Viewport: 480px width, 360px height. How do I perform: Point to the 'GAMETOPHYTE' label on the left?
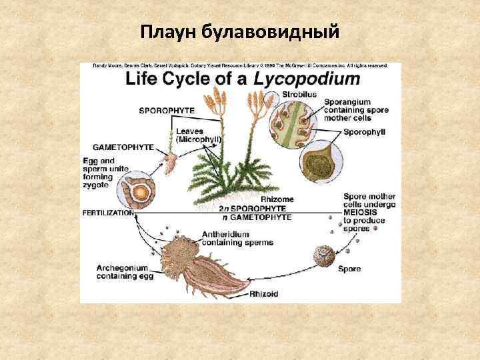[x=123, y=146]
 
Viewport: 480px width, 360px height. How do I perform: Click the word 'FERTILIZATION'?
[x=107, y=213]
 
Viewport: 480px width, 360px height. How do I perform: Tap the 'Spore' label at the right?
[x=349, y=269]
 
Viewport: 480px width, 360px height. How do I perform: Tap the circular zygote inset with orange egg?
[x=137, y=193]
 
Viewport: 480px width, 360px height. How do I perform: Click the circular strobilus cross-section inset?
[x=287, y=120]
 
